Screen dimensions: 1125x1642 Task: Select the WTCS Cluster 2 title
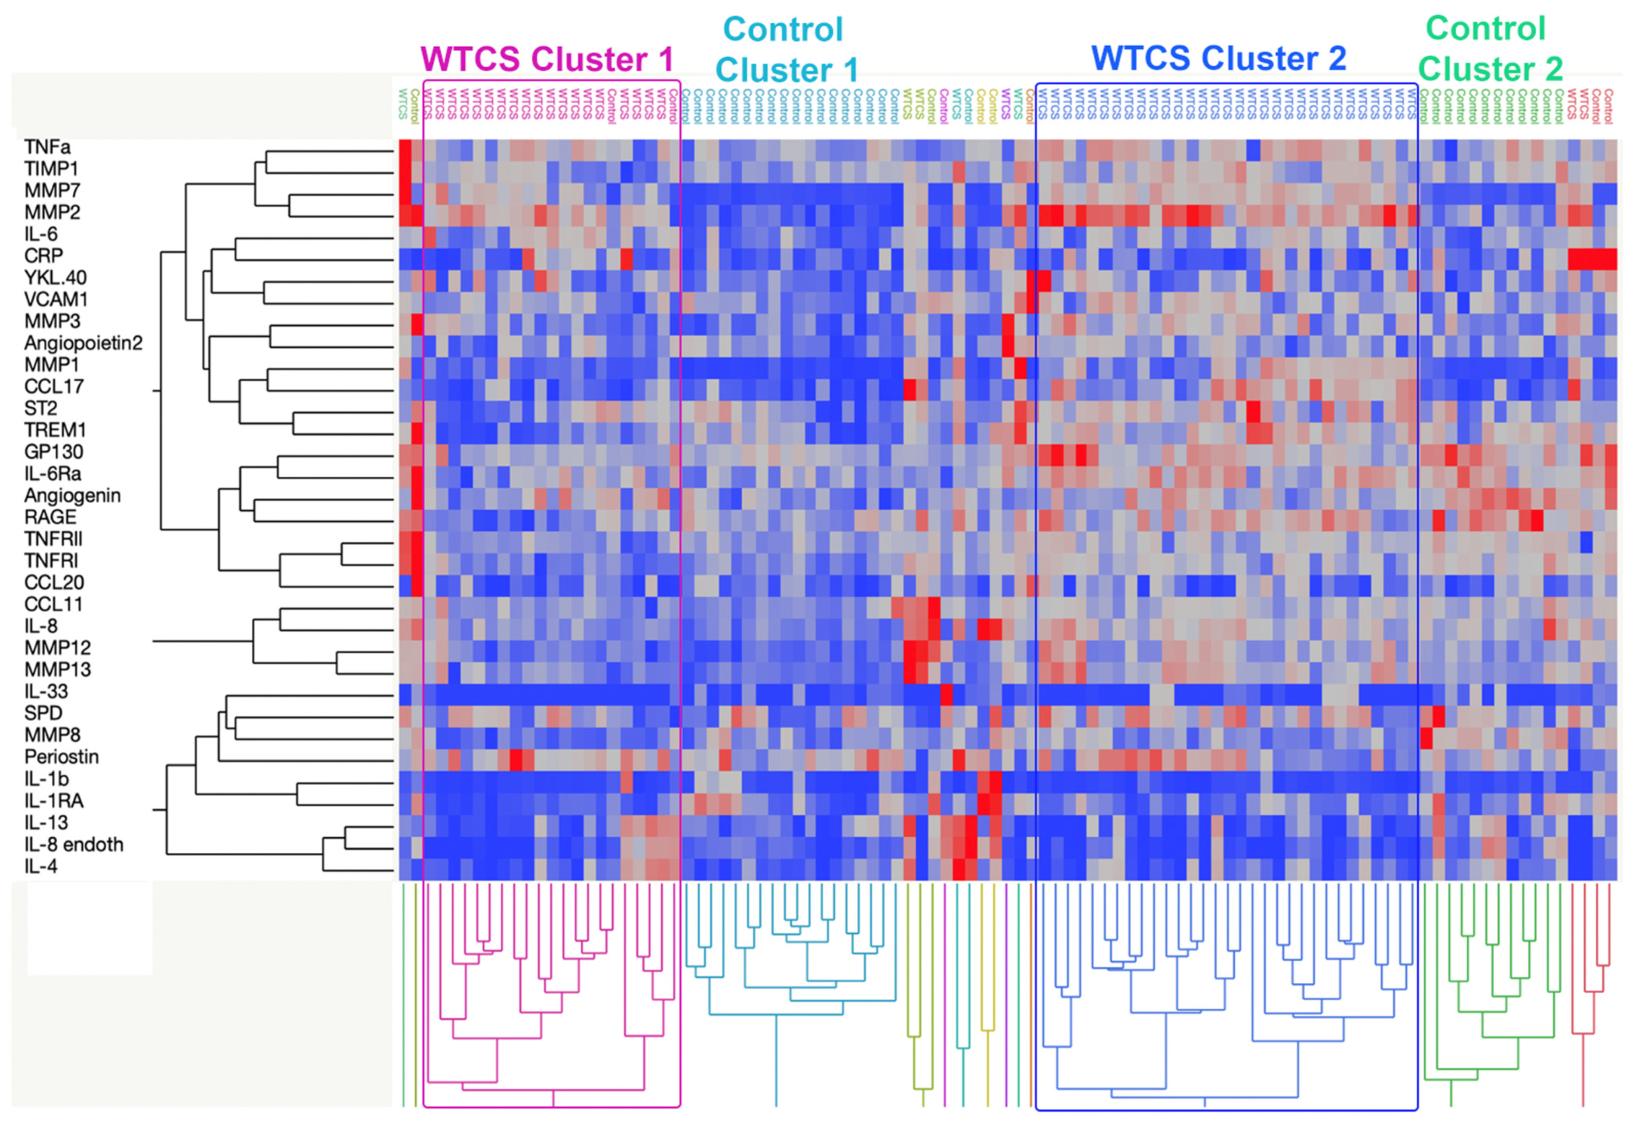tap(1218, 59)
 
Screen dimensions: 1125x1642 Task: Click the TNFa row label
tap(47, 147)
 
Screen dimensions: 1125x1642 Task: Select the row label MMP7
tap(52, 191)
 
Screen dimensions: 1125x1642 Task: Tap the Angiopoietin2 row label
tap(83, 343)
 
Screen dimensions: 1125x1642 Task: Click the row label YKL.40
tap(55, 278)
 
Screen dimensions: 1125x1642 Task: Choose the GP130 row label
tap(54, 452)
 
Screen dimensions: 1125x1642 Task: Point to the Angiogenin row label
tap(72, 496)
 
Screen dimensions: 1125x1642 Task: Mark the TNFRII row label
tap(53, 539)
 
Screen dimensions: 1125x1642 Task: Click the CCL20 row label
tap(54, 582)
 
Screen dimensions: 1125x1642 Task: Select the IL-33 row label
tap(46, 691)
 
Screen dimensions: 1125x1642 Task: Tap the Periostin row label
tap(61, 757)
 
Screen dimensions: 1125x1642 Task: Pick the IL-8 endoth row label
tap(74, 845)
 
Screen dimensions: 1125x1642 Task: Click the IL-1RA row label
tap(54, 801)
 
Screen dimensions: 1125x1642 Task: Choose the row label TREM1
tap(54, 430)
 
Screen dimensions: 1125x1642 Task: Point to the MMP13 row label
tap(57, 669)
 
